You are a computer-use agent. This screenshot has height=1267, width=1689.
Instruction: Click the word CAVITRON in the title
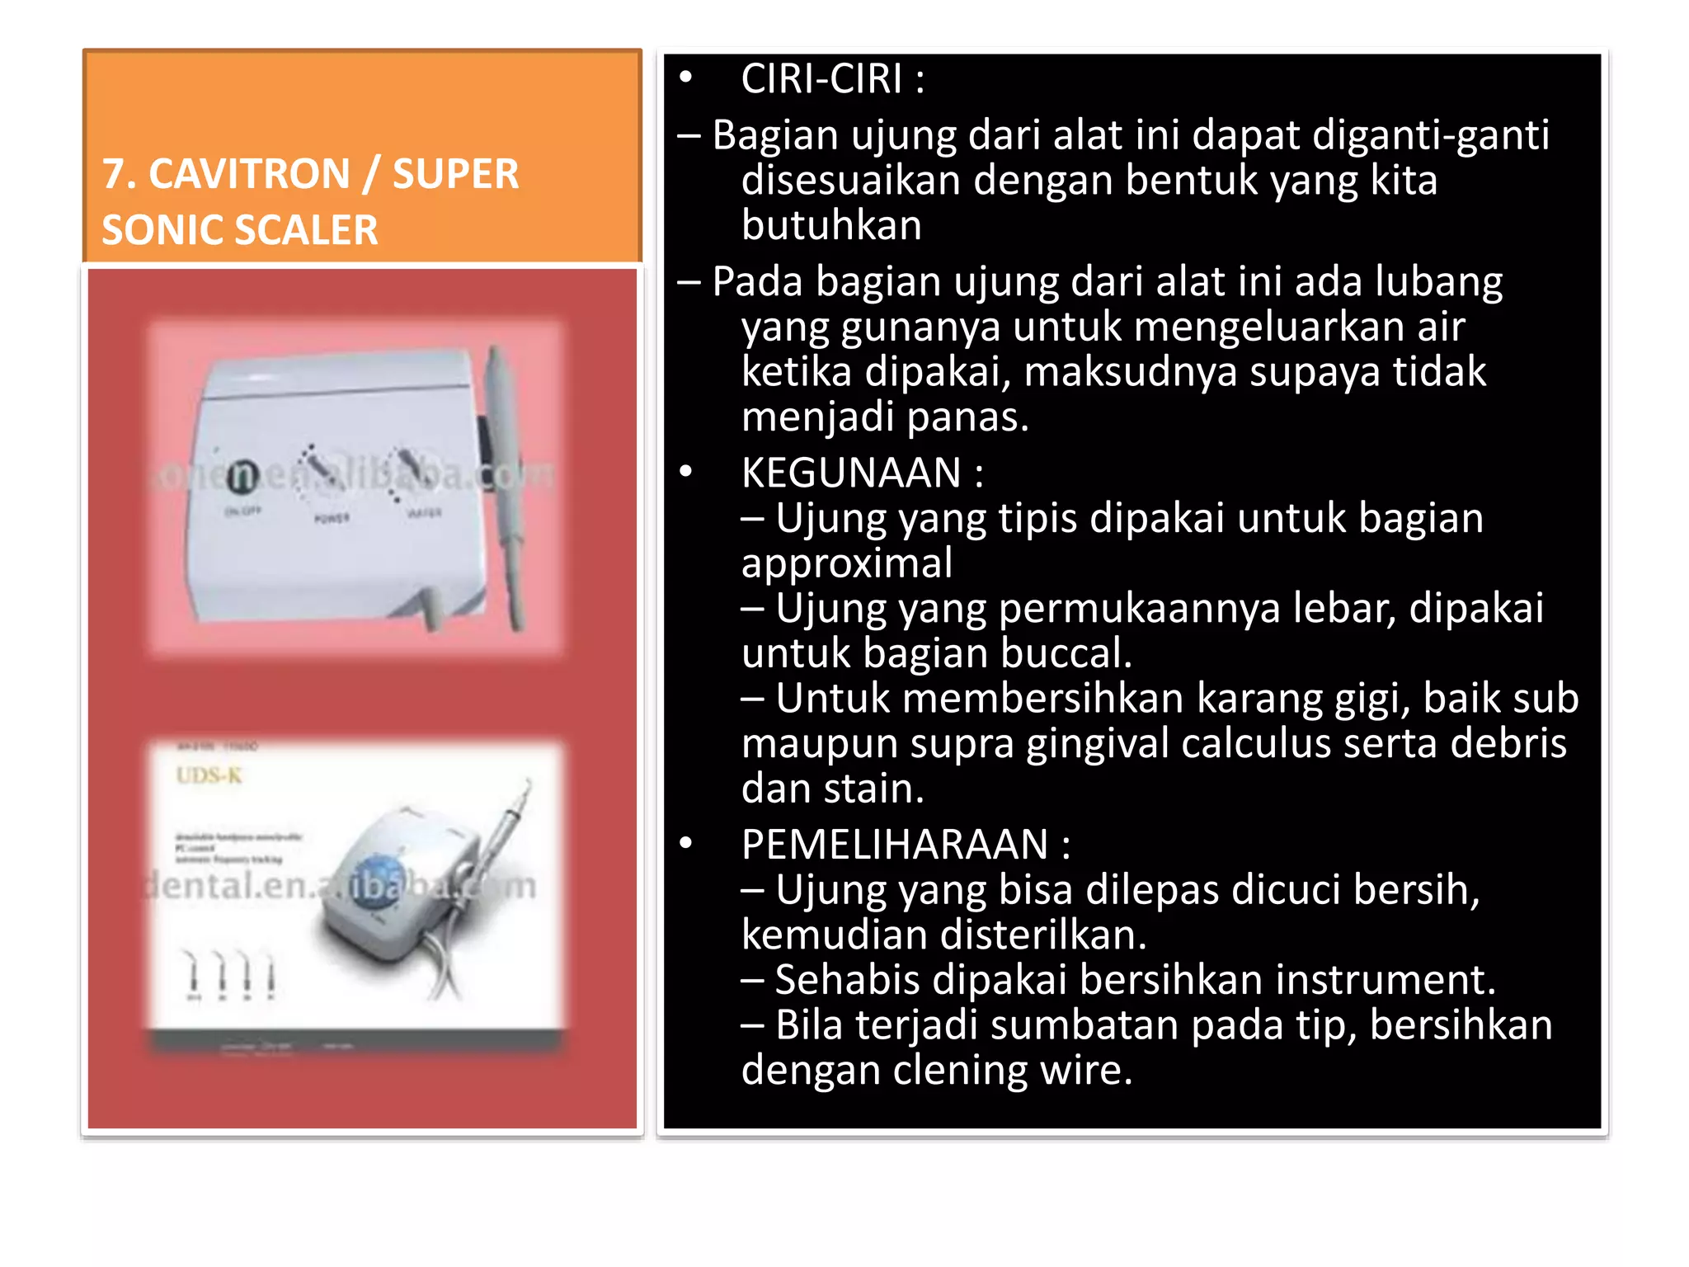[x=249, y=175]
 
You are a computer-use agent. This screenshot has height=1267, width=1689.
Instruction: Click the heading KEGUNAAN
[x=851, y=473]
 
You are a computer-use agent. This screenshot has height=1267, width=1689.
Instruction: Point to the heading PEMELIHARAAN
[x=895, y=845]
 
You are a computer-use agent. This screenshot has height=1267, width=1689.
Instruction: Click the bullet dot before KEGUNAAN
[x=686, y=473]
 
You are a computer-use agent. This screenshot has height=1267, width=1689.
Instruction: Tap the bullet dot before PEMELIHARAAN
[x=686, y=844]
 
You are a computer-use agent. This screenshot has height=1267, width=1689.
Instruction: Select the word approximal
[x=847, y=563]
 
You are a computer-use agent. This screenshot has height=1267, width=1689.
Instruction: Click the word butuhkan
[x=831, y=225]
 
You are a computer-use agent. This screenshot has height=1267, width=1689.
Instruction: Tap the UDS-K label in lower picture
[x=209, y=775]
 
